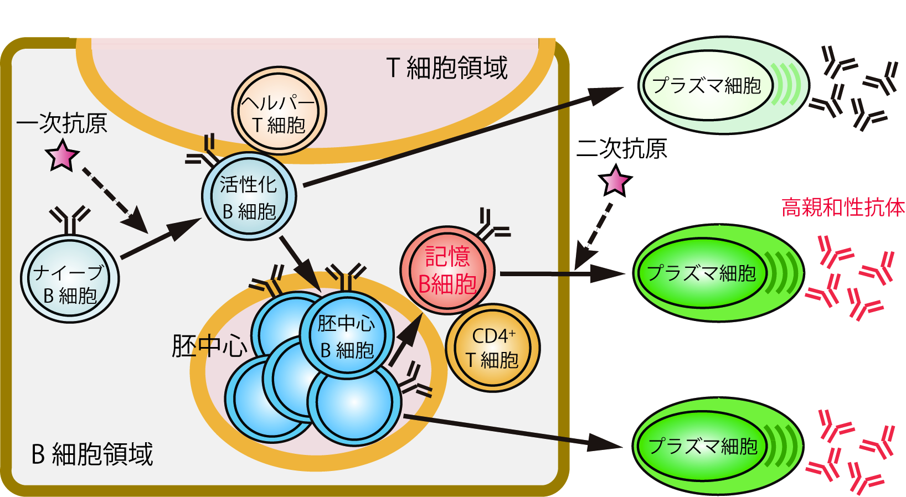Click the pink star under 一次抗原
[x=62, y=156]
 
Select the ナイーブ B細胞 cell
[x=70, y=279]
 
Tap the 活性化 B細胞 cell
[x=249, y=196]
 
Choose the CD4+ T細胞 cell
[x=492, y=348]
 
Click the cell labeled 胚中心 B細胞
[x=347, y=335]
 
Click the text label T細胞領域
[x=446, y=68]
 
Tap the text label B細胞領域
[x=92, y=454]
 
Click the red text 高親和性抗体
[x=843, y=208]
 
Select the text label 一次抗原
[x=61, y=123]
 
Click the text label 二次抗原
[x=621, y=148]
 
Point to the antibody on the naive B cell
[x=70, y=220]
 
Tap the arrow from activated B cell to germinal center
[x=299, y=261]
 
